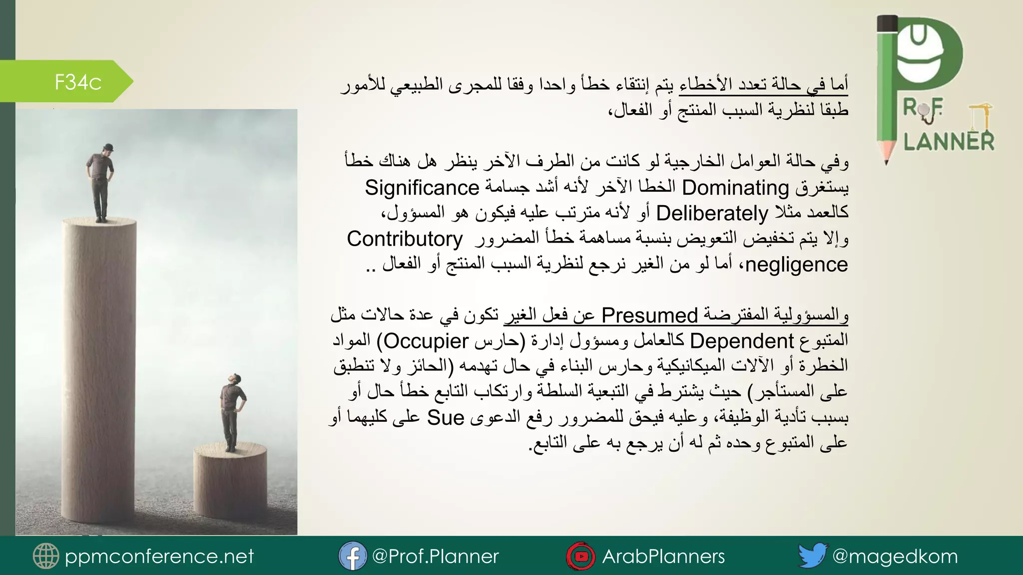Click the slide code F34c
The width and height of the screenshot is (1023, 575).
point(78,82)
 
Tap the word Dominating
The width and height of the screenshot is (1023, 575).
point(735,188)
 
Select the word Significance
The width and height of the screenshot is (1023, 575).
point(422,188)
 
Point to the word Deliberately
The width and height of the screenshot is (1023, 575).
point(712,214)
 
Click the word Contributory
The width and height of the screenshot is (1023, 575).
point(405,239)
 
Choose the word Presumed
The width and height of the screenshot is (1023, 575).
point(649,315)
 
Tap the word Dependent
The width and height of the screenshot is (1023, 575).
point(741,341)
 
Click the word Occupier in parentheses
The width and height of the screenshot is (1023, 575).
point(426,341)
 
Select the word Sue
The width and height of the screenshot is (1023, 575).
point(446,418)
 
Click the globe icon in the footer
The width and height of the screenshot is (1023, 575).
point(45,556)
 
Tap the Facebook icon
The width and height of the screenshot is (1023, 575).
point(352,556)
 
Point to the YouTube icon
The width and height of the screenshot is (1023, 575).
point(580,556)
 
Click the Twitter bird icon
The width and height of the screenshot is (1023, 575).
point(813,556)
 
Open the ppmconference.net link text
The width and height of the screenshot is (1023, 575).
point(159,556)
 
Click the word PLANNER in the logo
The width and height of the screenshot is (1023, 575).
point(949,142)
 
